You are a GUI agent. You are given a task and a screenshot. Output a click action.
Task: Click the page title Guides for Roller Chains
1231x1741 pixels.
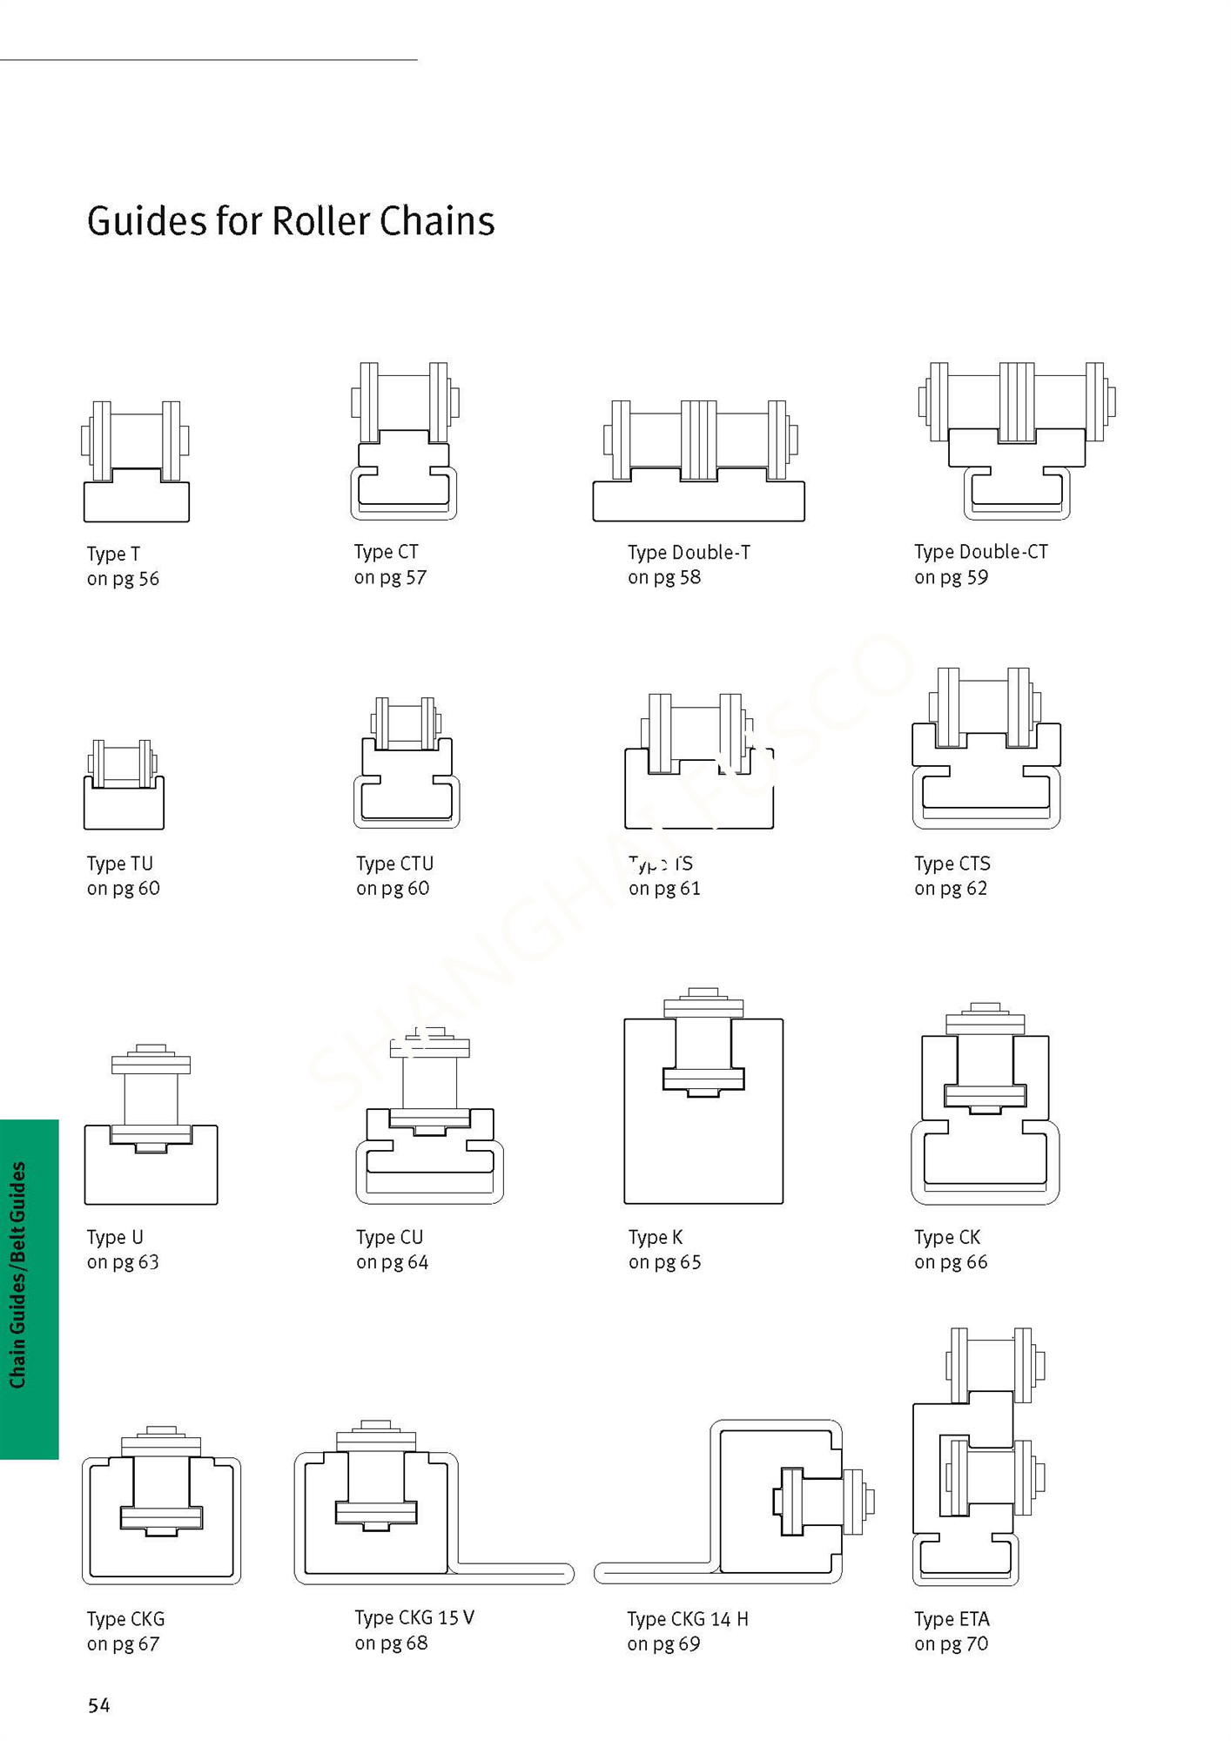point(291,221)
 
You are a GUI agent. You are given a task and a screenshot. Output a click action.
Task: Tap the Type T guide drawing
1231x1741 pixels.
point(136,462)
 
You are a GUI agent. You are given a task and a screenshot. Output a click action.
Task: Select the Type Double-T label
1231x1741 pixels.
point(689,553)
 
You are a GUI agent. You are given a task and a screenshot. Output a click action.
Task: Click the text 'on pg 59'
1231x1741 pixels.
point(951,577)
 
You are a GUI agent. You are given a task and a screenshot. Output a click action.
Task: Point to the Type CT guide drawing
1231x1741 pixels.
point(404,442)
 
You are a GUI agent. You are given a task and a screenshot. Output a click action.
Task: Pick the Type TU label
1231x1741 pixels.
point(120,864)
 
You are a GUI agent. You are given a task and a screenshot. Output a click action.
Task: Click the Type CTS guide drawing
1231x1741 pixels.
point(985,750)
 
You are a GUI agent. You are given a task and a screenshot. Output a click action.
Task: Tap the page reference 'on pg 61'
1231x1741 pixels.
point(664,889)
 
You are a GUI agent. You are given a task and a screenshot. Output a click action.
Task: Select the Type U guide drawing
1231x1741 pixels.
point(151,1126)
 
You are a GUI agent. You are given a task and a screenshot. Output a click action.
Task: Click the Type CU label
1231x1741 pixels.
point(389,1237)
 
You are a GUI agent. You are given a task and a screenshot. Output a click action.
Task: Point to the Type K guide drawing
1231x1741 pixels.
point(703,1097)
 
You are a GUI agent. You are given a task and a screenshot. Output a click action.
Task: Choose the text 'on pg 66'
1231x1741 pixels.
point(951,1262)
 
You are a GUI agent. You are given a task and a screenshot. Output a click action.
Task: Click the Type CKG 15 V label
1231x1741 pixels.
point(414,1617)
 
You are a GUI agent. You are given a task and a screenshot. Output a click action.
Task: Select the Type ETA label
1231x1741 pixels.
point(952,1619)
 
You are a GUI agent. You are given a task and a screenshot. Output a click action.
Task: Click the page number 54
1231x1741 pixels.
point(99,1705)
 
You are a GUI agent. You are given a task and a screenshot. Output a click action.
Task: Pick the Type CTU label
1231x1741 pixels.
point(394,864)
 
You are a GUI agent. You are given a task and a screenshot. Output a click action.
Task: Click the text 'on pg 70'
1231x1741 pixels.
point(951,1644)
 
